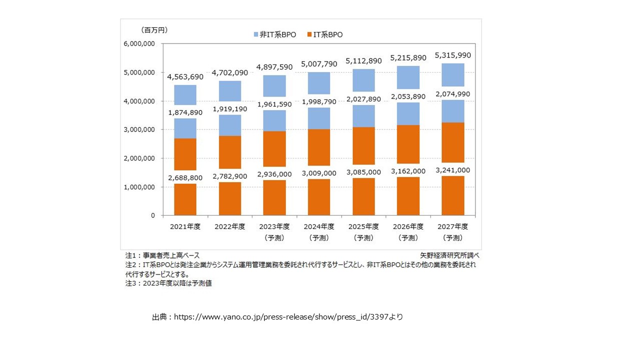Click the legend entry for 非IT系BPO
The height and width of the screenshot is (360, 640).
[274, 34]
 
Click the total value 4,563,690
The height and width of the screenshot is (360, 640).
[185, 76]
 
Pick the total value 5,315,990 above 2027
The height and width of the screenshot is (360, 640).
[452, 55]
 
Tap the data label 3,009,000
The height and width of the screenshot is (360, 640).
[319, 173]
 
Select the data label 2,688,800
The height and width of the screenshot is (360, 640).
[185, 177]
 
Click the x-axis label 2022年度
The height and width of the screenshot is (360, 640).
[229, 226]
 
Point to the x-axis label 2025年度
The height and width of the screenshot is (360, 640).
[363, 226]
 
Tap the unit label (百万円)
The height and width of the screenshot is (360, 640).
[154, 30]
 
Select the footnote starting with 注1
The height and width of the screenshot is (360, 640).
[162, 255]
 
